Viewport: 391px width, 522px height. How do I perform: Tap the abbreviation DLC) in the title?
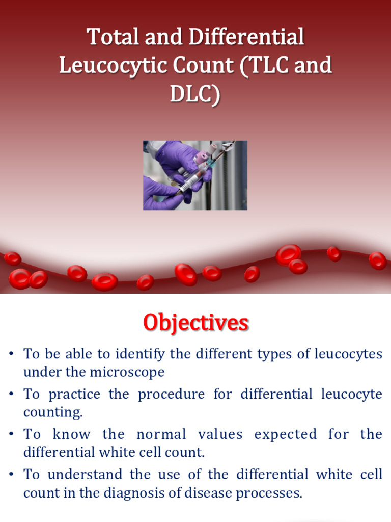[195, 95]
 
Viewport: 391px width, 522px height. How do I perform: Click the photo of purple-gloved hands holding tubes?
[195, 175]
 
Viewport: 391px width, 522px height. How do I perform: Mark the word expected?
[285, 434]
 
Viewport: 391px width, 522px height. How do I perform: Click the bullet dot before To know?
[12, 435]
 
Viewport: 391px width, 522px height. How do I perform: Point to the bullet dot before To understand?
[12, 475]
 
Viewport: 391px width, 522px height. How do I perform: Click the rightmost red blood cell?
[377, 260]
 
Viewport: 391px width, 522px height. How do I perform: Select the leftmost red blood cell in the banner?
[13, 258]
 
